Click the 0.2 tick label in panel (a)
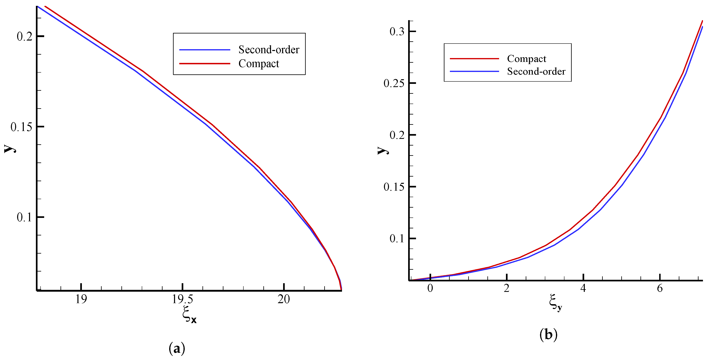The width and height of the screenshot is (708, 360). click(x=25, y=36)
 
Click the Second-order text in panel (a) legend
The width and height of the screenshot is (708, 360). click(x=269, y=50)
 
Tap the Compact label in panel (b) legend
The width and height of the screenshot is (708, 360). click(x=526, y=58)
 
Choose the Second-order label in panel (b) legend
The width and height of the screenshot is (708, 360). click(x=536, y=71)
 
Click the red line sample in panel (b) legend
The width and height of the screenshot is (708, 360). click(x=474, y=58)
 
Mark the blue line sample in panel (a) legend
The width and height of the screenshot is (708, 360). click(x=204, y=50)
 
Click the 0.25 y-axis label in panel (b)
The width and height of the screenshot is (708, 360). click(x=394, y=83)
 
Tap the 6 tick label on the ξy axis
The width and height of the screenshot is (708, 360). click(x=660, y=288)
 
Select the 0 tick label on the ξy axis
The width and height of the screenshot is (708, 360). click(x=430, y=288)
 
